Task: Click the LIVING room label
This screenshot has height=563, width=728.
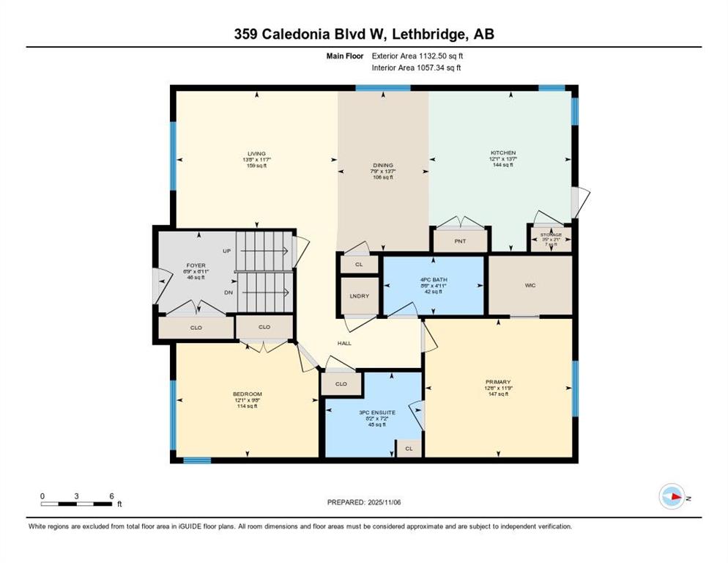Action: coord(256,154)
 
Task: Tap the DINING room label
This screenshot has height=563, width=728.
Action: coord(382,166)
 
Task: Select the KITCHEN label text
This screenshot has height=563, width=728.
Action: coord(502,153)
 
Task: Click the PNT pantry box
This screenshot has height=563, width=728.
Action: coord(460,240)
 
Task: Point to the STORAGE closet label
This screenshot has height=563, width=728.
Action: coord(551,235)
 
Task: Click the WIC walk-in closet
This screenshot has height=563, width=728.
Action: coord(530,285)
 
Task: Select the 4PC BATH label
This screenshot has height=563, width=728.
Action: coord(434,280)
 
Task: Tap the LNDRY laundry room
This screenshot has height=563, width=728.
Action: coord(360,296)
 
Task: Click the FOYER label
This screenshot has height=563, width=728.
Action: coord(196,265)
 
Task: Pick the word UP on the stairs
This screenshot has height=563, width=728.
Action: coord(227,251)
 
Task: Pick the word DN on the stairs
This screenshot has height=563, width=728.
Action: coord(229,292)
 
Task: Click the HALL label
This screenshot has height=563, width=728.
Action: coord(344,343)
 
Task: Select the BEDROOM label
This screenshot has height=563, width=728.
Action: coord(247,394)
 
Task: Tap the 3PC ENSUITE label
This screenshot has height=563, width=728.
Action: coord(376,413)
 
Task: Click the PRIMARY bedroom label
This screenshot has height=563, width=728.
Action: coord(497,382)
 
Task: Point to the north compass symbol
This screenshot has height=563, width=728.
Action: coord(672,496)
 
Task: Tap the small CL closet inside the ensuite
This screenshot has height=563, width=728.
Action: coord(409,449)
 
